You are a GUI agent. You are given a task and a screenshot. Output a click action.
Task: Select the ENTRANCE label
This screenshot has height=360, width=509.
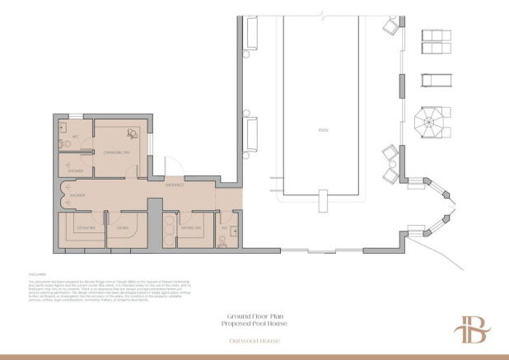[x=175, y=185]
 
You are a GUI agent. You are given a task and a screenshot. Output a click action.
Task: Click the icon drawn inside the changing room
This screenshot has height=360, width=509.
[x=129, y=134]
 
